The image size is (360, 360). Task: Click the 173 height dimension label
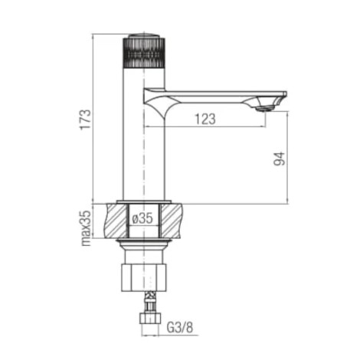[x=86, y=119]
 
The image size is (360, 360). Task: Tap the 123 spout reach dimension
[x=205, y=119]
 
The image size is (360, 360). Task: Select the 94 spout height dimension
[x=279, y=159]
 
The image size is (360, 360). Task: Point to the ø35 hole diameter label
[x=142, y=218]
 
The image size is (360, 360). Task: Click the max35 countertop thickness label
[x=86, y=228]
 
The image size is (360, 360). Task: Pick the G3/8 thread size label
[x=180, y=327]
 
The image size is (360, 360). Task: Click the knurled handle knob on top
[x=144, y=53]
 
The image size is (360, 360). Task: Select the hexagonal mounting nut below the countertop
[x=143, y=277]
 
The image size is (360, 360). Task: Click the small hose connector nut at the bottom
[x=150, y=318]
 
